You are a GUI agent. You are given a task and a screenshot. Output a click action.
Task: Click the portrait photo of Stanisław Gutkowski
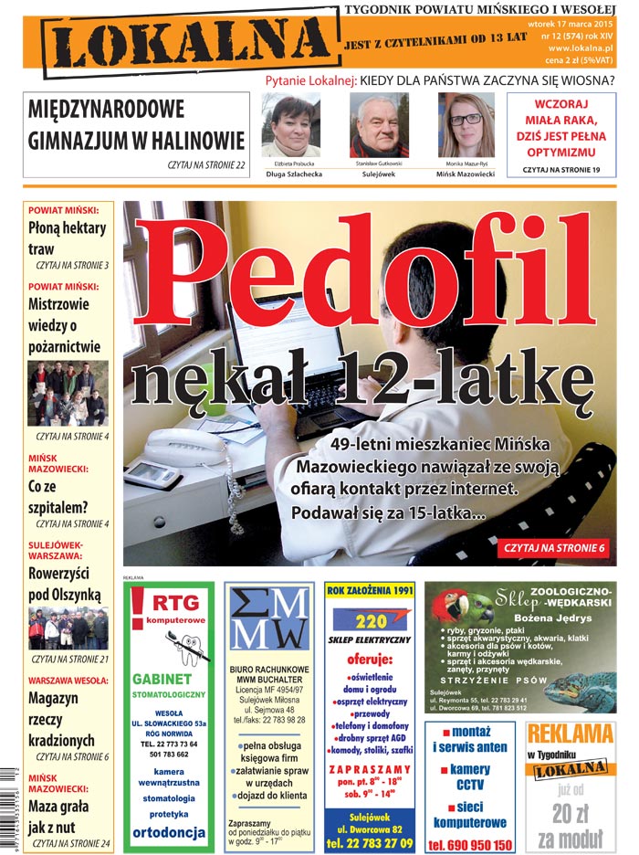coord(378,125)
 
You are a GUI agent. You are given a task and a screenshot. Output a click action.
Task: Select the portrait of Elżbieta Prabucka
coord(291,125)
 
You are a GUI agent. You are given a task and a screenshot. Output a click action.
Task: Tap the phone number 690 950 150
coord(470,845)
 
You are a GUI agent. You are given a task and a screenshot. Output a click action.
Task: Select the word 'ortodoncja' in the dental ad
coord(168,833)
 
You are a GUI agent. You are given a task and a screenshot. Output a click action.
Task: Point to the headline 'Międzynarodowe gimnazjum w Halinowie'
coord(137,126)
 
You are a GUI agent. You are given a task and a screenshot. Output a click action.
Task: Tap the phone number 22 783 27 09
coord(370,842)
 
